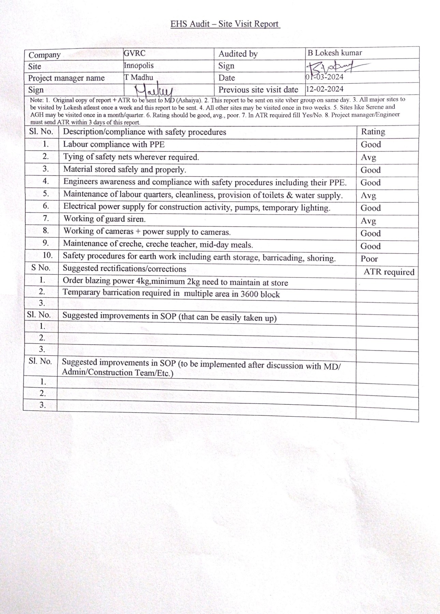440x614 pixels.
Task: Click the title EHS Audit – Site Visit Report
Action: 225,24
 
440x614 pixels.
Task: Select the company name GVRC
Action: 134,53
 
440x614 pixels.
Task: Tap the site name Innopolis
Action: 138,65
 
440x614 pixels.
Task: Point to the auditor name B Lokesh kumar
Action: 334,53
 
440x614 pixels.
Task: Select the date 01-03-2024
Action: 324,77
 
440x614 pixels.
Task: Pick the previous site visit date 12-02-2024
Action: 324,89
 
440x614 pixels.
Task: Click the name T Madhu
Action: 138,77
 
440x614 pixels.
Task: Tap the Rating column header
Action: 373,131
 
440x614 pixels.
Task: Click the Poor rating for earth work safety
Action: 369,259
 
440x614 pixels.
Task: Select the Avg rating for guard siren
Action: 368,221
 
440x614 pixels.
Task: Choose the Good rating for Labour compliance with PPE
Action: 371,144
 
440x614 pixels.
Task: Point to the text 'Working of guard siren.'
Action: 104,219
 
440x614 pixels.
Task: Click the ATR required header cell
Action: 388,272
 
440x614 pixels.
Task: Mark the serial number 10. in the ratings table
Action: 47,255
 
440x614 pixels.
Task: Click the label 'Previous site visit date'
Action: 258,90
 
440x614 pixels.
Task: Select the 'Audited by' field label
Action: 238,54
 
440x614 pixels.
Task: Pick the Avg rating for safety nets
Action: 368,157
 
